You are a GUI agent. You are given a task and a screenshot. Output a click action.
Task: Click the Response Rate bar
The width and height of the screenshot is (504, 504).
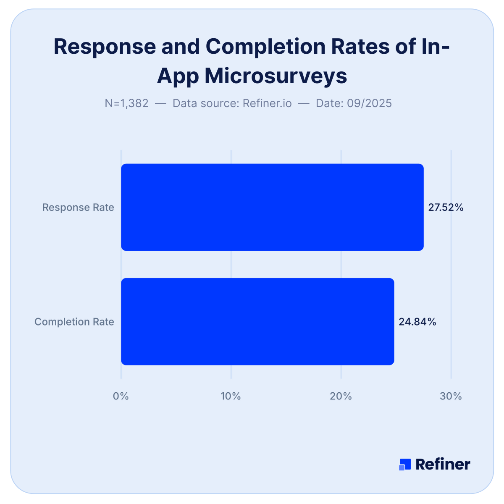click(272, 207)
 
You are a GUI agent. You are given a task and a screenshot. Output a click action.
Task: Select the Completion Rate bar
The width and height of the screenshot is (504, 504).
click(257, 321)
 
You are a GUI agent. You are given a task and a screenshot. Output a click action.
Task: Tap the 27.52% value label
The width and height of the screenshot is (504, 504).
click(446, 207)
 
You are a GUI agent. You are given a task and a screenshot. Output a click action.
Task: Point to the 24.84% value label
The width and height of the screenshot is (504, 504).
click(417, 322)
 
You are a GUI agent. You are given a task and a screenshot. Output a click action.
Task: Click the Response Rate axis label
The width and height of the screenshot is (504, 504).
click(78, 207)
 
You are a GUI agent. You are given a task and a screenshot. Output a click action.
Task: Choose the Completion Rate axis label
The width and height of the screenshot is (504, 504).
click(74, 322)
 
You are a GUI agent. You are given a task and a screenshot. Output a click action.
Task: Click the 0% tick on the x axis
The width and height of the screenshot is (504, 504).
click(121, 396)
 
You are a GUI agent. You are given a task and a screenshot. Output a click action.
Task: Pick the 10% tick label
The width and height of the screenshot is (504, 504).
click(231, 396)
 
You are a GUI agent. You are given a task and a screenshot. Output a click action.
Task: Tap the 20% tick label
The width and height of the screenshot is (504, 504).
click(341, 396)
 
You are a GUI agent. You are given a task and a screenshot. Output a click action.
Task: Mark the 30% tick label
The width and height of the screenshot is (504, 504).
click(451, 396)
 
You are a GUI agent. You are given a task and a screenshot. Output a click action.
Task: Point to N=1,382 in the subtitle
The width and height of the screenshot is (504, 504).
click(126, 103)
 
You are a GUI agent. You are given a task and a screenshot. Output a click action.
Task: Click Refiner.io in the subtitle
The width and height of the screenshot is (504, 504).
click(267, 103)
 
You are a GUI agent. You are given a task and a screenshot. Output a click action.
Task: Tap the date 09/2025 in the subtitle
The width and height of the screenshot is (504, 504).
click(369, 103)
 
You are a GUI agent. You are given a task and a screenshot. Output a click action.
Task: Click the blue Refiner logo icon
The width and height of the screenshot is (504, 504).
click(404, 464)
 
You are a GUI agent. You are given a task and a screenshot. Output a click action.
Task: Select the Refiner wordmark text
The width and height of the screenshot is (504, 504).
click(443, 464)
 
